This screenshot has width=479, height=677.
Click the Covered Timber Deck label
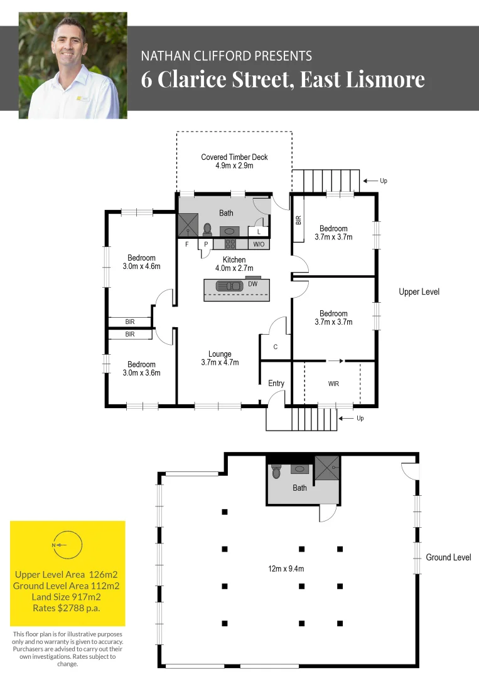point(234,162)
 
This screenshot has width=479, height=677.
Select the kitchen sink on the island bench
point(229,286)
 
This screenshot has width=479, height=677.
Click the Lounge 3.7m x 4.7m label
point(220,358)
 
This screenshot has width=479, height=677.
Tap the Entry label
point(276,383)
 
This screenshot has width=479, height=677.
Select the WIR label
point(333,383)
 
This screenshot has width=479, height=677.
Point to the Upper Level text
point(419,291)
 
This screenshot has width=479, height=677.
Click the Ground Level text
point(448,557)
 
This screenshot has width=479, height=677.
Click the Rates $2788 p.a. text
point(67,607)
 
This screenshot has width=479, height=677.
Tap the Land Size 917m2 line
point(67,596)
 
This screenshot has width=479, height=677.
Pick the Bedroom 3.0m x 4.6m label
point(141,262)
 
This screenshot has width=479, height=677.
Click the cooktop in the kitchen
point(230,244)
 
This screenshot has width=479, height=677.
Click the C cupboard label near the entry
point(275,347)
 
